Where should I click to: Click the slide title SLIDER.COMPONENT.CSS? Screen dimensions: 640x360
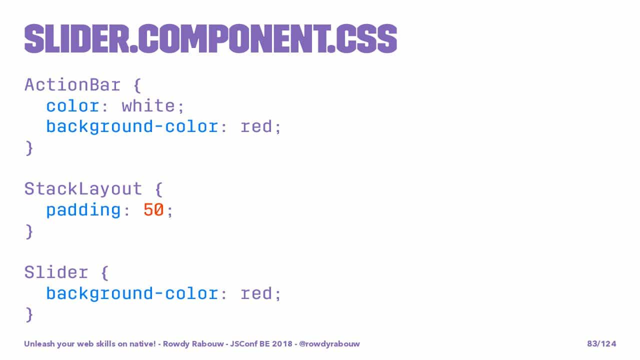click(x=210, y=38)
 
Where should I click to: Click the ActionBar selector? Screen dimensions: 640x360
click(x=72, y=85)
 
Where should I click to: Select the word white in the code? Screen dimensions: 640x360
click(x=148, y=105)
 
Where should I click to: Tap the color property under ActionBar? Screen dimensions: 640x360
click(x=73, y=106)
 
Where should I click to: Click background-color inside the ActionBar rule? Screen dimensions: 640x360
click(x=132, y=126)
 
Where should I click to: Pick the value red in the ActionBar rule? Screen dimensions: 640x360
click(x=256, y=126)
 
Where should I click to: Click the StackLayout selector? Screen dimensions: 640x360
click(x=83, y=189)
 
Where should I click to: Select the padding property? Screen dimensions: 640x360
click(x=83, y=210)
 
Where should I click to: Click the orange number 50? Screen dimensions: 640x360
click(x=153, y=209)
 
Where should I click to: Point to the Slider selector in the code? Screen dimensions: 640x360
click(x=56, y=272)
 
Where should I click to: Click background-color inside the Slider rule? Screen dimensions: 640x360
click(x=132, y=293)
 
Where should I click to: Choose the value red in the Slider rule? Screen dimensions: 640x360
click(x=256, y=293)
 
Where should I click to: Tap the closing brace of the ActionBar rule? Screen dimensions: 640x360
click(x=29, y=148)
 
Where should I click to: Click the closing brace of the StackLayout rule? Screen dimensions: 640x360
click(x=29, y=231)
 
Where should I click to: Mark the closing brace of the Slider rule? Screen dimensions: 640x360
click(x=29, y=314)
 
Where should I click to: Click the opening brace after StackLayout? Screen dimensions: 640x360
click(x=159, y=189)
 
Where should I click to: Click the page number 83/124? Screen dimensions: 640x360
click(x=601, y=343)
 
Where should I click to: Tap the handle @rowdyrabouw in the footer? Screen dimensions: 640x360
click(x=329, y=343)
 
